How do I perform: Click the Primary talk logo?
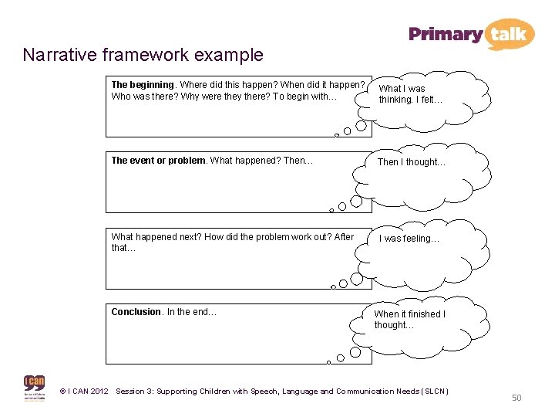coord(471,34)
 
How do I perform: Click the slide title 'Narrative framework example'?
coord(143,56)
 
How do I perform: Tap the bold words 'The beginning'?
coord(143,85)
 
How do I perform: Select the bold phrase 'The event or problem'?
coord(159,161)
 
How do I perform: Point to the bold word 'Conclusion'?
coord(136,312)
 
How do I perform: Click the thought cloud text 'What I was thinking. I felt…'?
coord(410,94)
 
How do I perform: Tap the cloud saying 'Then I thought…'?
coord(412,162)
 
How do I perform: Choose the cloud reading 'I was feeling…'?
coord(409,239)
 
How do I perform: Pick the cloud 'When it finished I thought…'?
coord(409,320)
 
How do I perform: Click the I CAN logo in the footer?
coord(35,388)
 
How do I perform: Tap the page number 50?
coord(516,398)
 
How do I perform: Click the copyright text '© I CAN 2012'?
coord(84,392)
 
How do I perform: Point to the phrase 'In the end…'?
coord(192,312)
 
